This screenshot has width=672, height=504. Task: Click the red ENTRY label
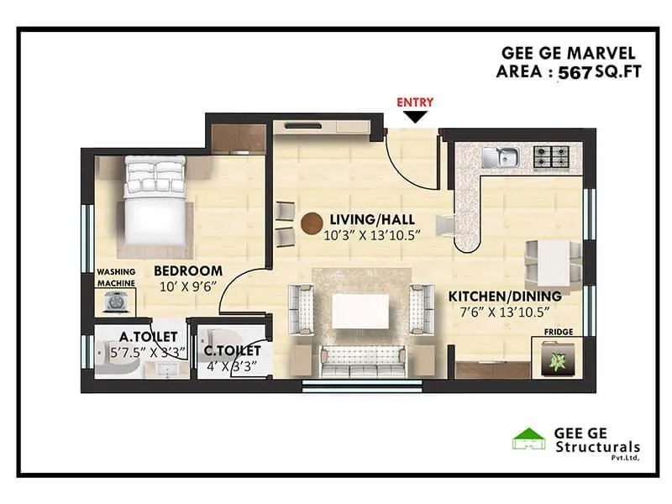[415, 102]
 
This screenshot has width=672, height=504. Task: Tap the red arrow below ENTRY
[415, 117]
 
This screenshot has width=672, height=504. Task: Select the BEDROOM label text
[187, 270]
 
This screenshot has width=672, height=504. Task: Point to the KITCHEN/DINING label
[504, 297]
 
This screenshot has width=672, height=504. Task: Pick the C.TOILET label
[232, 350]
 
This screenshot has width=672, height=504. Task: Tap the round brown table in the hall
[312, 223]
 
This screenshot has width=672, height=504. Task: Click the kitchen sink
[504, 155]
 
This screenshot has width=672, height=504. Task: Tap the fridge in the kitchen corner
[554, 360]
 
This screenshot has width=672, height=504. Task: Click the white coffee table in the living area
[360, 311]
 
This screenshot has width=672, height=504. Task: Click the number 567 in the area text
[575, 72]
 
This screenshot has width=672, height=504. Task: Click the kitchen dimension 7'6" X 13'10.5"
[504, 312]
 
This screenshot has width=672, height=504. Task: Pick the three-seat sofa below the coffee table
[360, 360]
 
